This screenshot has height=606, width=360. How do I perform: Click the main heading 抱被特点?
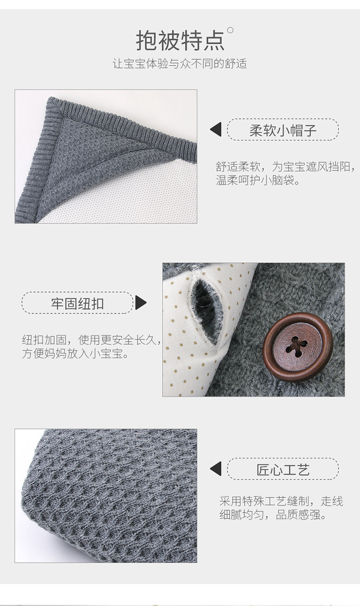point(180,41)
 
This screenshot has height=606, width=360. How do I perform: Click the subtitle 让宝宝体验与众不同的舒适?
point(180,64)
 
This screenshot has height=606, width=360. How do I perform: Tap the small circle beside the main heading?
point(230,31)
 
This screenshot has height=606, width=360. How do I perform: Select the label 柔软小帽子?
point(283,131)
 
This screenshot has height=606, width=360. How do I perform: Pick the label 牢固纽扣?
point(77,303)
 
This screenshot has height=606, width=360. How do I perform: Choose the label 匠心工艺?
point(283,469)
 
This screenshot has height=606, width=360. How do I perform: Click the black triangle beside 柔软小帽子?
point(216,129)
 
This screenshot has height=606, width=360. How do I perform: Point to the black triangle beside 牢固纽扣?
point(140,303)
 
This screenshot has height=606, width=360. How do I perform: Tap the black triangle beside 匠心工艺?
point(216,468)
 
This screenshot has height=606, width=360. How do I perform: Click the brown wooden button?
point(298,347)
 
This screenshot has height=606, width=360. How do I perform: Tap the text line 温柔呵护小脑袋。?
point(258,180)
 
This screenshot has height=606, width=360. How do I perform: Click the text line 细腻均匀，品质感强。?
point(273,516)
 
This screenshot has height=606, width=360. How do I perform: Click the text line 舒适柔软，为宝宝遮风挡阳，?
point(285,166)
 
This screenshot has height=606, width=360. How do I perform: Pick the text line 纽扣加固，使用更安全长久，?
point(91,339)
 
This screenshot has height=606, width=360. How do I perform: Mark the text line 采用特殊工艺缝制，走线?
point(281,502)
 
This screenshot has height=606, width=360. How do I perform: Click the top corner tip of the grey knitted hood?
point(51,99)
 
